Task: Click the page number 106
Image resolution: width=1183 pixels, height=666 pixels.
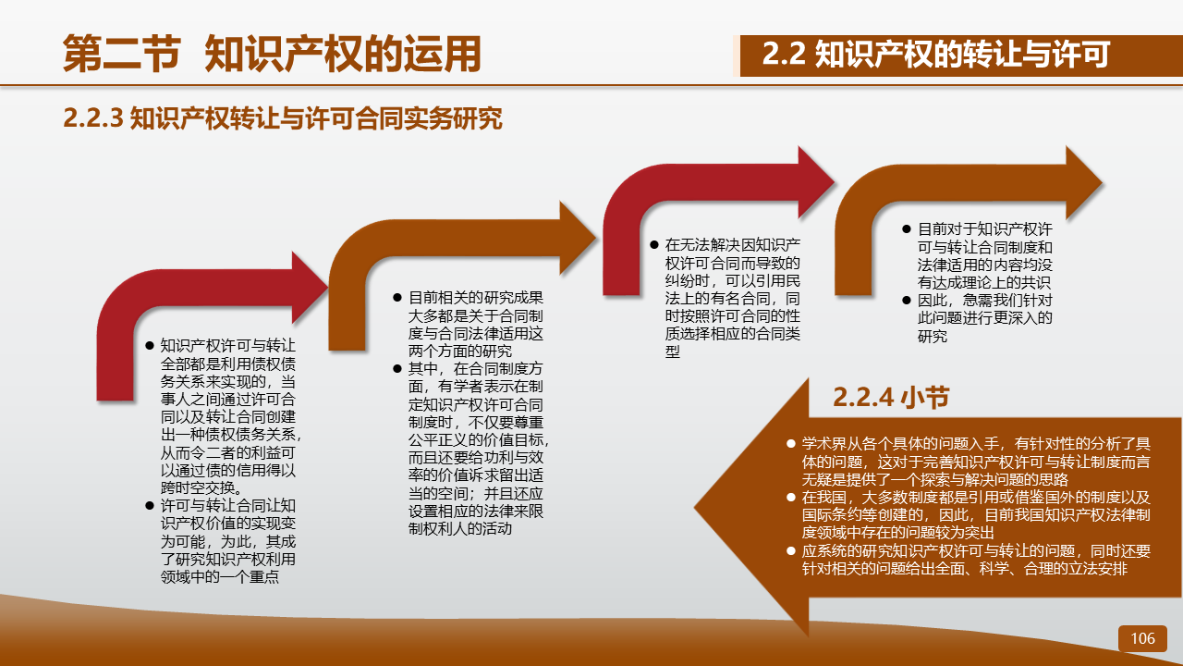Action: tap(1142, 638)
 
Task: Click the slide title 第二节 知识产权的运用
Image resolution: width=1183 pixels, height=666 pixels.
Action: tap(272, 54)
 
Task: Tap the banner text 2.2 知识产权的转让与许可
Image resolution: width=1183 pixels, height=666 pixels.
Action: tap(936, 54)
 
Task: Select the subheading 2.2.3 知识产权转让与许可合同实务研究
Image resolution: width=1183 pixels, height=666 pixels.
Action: tap(283, 117)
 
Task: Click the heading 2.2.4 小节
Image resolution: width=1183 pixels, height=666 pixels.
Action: tap(891, 398)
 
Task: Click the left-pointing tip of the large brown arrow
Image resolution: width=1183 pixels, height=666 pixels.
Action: tap(696, 508)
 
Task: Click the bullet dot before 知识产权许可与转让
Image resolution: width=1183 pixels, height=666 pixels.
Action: tap(150, 346)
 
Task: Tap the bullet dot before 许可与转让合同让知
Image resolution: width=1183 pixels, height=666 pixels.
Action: tap(150, 506)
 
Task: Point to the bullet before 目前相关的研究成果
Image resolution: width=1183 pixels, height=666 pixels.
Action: tap(397, 298)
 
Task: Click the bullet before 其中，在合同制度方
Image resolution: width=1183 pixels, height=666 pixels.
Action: tap(397, 368)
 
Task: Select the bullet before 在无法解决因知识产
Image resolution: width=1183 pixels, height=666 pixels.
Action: tap(654, 245)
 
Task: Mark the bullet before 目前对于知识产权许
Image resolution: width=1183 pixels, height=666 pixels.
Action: tap(907, 228)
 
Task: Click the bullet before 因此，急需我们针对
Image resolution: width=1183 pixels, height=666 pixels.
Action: tap(907, 301)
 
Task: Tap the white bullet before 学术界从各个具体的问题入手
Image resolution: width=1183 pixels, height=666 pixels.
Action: tap(790, 443)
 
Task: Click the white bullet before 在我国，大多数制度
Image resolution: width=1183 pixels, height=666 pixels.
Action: tap(790, 497)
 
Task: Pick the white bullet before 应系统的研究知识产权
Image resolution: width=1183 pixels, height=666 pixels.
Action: tap(790, 550)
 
